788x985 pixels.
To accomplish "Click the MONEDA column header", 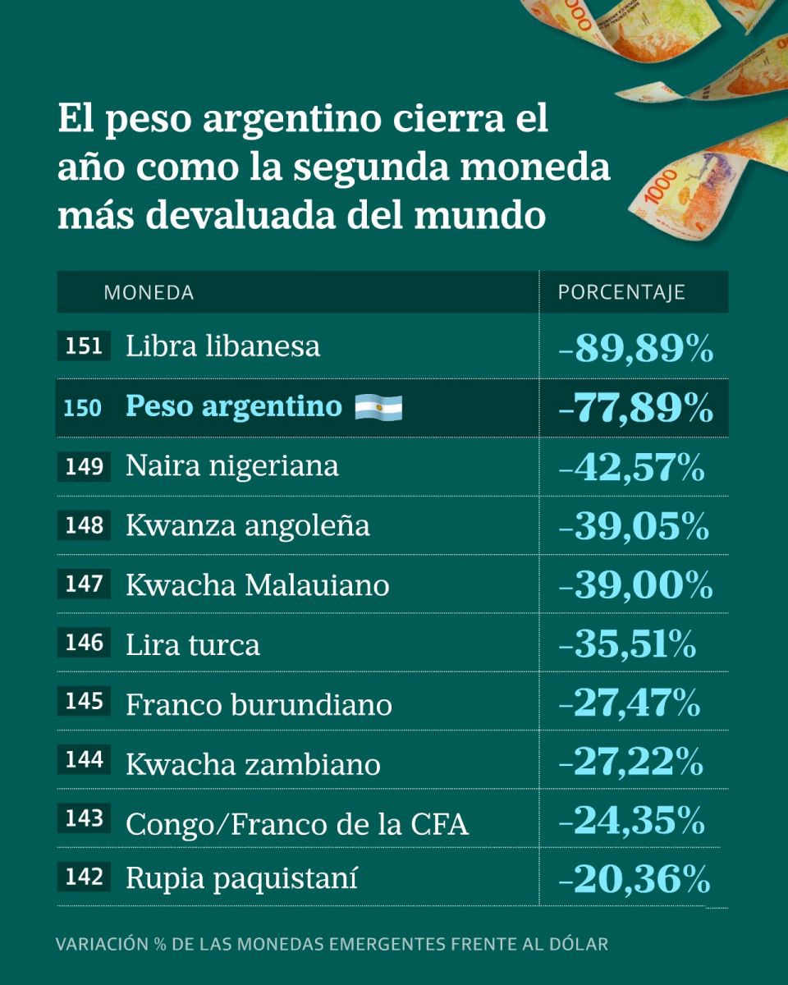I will (x=149, y=292).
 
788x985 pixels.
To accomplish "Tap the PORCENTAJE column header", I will (x=621, y=292).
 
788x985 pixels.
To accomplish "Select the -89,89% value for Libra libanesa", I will (x=635, y=348).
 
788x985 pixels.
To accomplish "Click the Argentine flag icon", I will (x=378, y=407).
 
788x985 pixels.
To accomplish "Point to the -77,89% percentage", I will (x=635, y=408).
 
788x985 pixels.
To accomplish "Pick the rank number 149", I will (x=84, y=467).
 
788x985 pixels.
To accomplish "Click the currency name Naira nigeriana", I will (x=231, y=466).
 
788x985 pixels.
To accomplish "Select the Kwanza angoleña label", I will (x=247, y=526).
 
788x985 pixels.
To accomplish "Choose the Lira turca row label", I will (x=193, y=645).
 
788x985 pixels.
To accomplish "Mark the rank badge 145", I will (x=84, y=702).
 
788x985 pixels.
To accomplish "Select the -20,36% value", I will (x=634, y=881).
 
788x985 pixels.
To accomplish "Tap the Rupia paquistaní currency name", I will (x=241, y=879).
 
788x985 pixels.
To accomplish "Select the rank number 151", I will (x=84, y=346).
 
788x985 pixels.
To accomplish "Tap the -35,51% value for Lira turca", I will (x=627, y=645).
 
